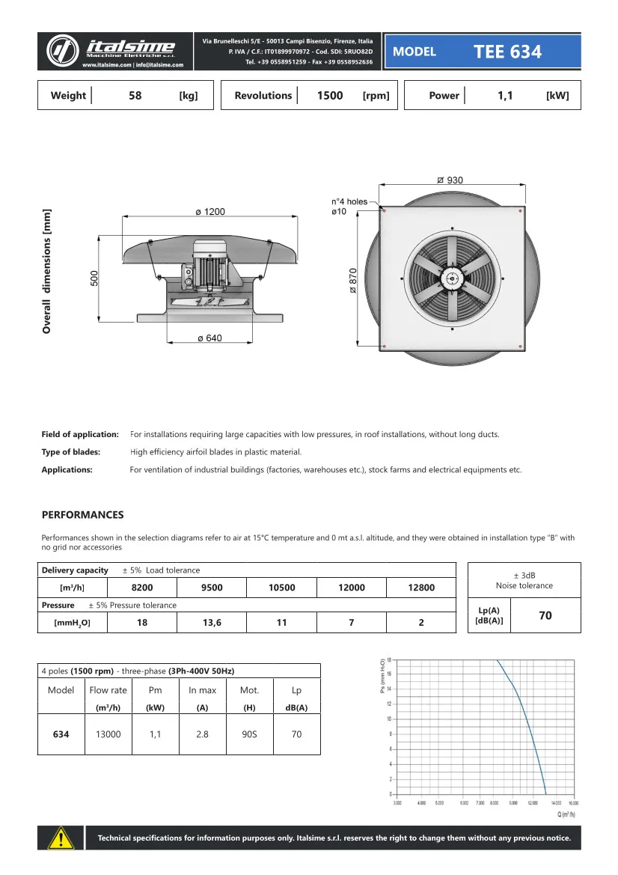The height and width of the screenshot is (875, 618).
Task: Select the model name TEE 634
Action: point(507,52)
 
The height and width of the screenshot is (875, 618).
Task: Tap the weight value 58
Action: point(135,96)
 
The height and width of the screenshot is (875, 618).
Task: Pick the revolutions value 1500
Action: point(330,96)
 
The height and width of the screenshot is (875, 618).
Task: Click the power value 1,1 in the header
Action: point(505,96)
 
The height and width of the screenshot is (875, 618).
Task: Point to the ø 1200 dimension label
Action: point(209,213)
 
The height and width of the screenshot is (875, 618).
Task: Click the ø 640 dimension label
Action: point(209,338)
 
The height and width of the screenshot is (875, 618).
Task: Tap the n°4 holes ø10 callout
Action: point(349,207)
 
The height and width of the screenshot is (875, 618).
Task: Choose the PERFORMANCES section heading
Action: point(82,515)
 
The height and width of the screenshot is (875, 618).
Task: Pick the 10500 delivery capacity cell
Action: point(281,588)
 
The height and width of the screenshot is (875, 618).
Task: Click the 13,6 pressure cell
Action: point(212,623)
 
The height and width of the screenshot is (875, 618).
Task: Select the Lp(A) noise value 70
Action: point(545,615)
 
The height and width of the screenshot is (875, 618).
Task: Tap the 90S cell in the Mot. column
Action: point(249,734)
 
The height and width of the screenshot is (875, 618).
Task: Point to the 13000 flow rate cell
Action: point(108,734)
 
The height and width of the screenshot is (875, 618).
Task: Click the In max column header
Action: point(202,690)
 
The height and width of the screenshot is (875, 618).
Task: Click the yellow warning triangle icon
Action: point(61,838)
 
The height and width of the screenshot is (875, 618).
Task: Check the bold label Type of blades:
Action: point(71,452)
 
